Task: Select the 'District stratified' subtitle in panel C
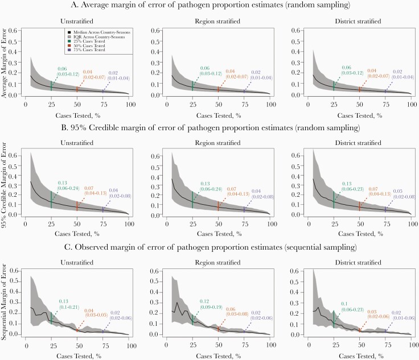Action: [359, 260]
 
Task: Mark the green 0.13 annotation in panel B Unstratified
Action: [62, 183]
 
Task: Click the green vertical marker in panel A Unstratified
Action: [51, 85]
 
